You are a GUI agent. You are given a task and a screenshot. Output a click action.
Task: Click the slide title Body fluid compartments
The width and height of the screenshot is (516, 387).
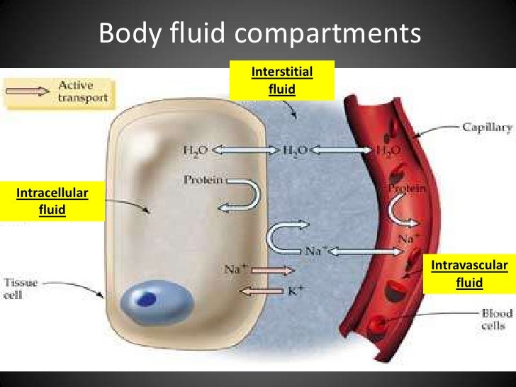coord(259,33)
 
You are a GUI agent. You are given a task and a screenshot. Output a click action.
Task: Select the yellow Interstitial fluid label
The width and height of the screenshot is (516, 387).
coord(281,80)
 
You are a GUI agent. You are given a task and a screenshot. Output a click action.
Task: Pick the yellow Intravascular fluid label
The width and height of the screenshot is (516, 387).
coord(469,274)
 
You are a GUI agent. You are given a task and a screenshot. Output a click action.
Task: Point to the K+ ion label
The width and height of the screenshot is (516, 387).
coord(313,290)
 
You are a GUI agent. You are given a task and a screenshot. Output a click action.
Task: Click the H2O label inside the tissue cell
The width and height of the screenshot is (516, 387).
coord(195,150)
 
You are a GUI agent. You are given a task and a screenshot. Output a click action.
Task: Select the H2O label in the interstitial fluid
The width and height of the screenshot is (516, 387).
coord(295,150)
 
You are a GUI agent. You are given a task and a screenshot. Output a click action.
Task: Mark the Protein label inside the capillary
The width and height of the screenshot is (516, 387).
coord(407,189)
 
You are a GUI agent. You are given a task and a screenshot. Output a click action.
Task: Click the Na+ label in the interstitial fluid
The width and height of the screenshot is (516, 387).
coord(315,250)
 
